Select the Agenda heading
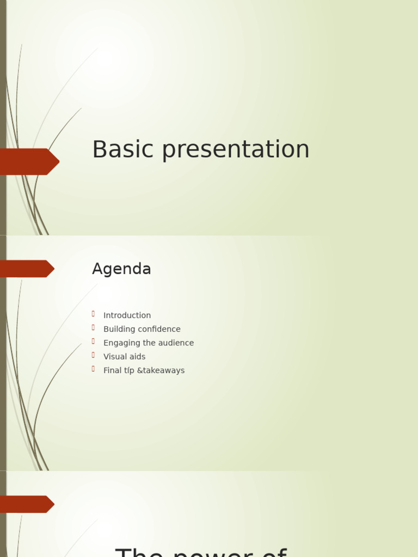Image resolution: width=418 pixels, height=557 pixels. (121, 269)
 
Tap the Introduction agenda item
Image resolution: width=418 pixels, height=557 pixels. (127, 315)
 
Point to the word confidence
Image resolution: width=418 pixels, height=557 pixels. (159, 329)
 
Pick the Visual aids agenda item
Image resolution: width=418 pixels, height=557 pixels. (124, 357)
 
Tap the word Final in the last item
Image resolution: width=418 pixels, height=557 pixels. (112, 370)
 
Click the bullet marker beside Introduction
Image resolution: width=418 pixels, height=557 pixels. (94, 314)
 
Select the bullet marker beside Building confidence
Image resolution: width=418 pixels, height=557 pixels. (94, 327)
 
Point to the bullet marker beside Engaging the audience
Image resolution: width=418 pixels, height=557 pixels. (94, 342)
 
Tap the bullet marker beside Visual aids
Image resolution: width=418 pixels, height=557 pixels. (94, 355)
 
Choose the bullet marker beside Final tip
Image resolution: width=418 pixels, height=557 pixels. (94, 369)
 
